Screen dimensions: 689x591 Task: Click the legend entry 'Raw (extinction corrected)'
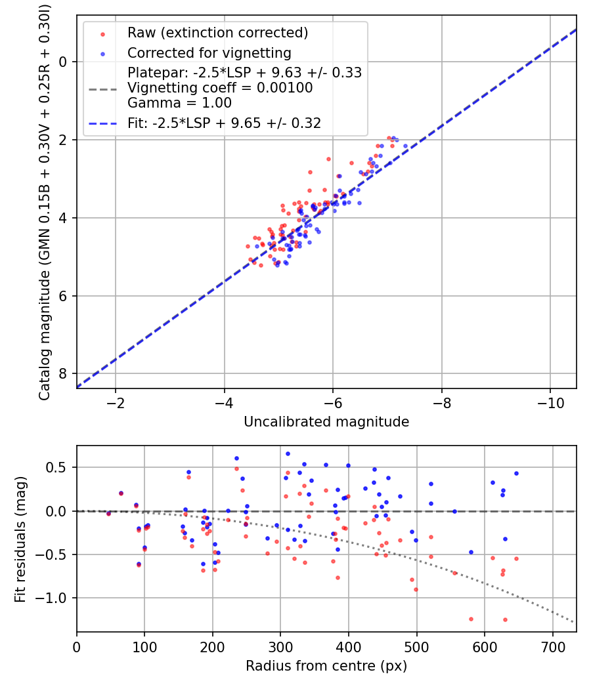pos(217,33)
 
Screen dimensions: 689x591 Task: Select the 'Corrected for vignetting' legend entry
pos(209,52)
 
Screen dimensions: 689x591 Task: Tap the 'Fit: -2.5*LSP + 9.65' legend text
pos(224,123)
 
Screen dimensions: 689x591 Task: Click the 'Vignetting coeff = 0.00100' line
pos(220,88)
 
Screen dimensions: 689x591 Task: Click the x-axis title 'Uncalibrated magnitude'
pos(326,422)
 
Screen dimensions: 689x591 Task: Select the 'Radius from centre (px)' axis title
pos(326,666)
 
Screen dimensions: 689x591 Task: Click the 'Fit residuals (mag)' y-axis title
pos(20,539)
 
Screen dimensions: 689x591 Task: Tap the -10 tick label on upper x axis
pos(550,403)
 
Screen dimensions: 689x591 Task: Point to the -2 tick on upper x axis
pos(116,403)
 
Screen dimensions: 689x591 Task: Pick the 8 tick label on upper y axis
pos(63,373)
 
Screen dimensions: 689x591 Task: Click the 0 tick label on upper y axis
pos(63,62)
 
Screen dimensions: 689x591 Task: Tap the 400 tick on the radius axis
pos(349,647)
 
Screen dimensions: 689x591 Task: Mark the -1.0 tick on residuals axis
pos(55,598)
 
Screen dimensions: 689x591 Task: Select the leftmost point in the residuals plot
pos(108,513)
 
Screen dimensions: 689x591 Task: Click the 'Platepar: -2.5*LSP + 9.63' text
pos(245,73)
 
